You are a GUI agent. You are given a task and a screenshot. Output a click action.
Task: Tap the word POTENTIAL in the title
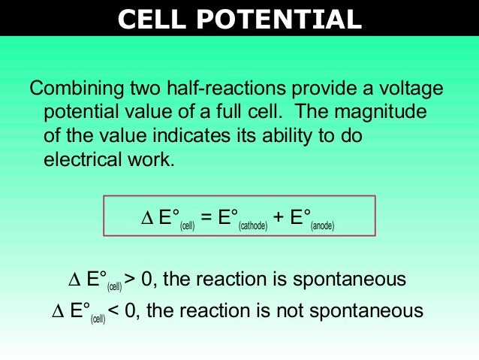(282, 18)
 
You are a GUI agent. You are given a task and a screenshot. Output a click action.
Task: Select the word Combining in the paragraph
(77, 89)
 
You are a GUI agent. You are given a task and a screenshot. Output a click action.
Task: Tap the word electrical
(82, 160)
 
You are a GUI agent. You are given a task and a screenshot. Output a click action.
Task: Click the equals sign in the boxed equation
(207, 219)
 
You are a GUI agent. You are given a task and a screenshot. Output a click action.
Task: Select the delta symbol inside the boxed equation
(146, 219)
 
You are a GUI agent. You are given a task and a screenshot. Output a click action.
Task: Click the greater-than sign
(131, 280)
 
